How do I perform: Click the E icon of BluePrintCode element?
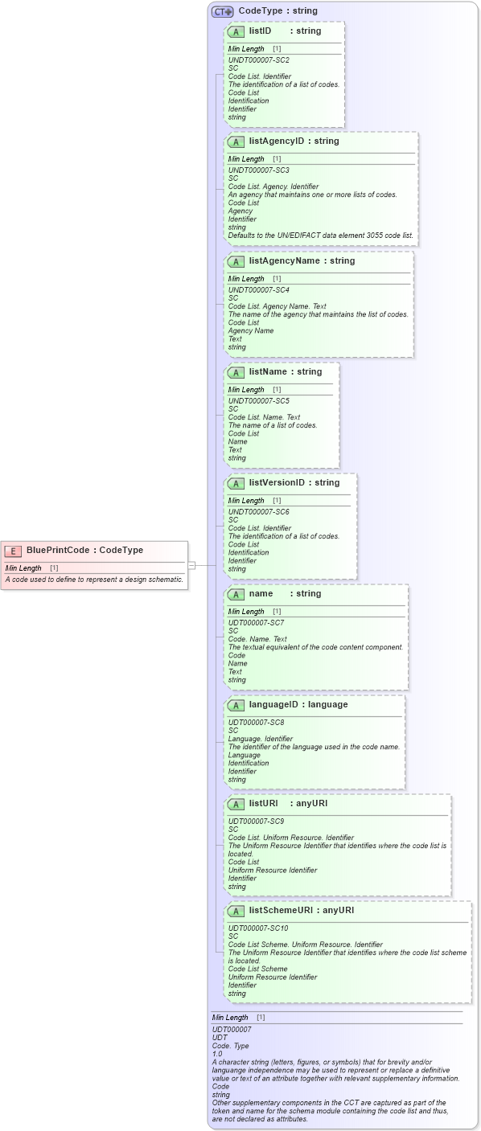click(13, 551)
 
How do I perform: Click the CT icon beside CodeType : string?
click(223, 11)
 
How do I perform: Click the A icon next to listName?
click(236, 373)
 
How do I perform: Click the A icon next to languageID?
click(236, 706)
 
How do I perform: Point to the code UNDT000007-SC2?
click(258, 60)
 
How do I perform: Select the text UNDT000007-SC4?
click(258, 290)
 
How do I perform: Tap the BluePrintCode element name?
click(56, 551)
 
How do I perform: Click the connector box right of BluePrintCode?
click(191, 566)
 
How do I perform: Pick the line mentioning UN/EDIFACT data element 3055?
click(320, 236)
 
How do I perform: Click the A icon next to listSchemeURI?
click(236, 912)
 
